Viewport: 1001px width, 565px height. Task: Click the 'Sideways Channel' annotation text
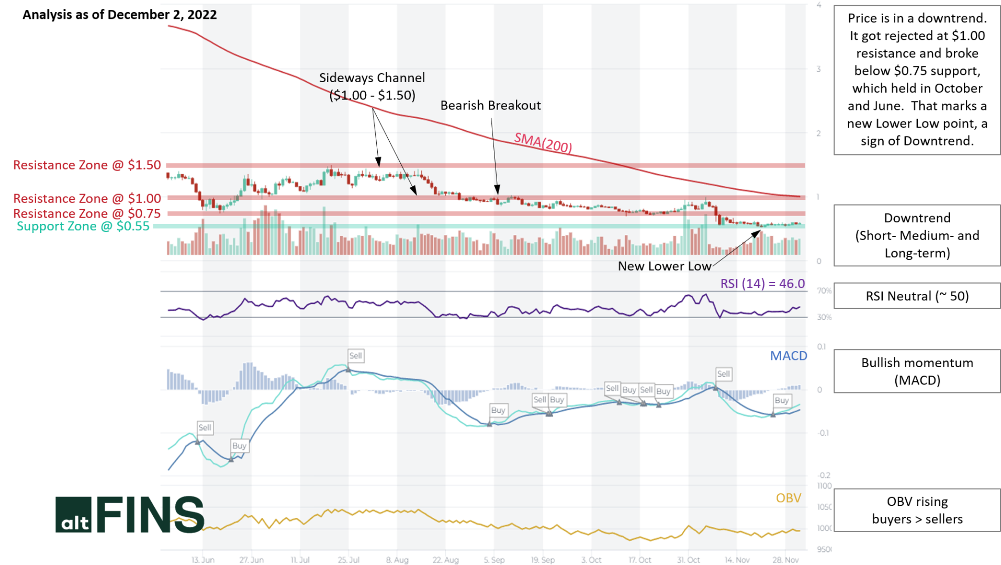click(x=372, y=78)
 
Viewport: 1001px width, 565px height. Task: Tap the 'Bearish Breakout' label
click(x=490, y=106)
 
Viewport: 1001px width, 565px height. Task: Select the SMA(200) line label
click(x=543, y=142)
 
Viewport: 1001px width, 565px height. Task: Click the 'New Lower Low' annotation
click(x=664, y=266)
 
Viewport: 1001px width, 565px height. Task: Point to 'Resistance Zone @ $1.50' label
click(x=87, y=165)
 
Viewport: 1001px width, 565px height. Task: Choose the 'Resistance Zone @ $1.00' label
click(x=87, y=199)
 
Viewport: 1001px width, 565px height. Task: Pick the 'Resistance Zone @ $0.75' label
click(x=87, y=214)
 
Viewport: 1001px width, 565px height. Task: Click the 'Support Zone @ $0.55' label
click(x=83, y=227)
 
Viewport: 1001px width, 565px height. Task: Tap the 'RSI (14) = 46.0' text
click(x=762, y=284)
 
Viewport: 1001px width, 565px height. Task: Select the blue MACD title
click(x=788, y=356)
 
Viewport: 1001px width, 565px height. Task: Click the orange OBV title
click(x=788, y=498)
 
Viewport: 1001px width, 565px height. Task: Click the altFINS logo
click(x=130, y=515)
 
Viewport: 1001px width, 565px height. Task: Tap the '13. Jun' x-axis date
click(x=203, y=560)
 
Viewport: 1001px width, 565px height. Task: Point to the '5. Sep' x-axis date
click(x=494, y=560)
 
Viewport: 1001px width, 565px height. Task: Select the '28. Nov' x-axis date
click(x=785, y=560)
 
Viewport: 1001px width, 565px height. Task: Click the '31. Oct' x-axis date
click(x=688, y=560)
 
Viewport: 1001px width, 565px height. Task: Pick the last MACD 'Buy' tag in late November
click(x=781, y=401)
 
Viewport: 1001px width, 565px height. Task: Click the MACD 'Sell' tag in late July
click(x=355, y=356)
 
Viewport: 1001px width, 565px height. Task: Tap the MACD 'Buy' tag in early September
click(x=498, y=410)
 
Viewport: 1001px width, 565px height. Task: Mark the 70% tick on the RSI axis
click(x=824, y=291)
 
